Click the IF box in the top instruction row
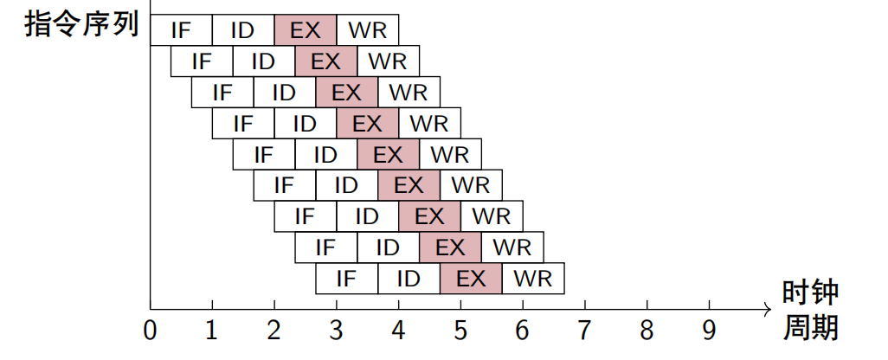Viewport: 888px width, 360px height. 181,30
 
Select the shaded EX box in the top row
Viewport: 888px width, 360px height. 306,30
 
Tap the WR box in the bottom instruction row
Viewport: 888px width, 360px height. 533,279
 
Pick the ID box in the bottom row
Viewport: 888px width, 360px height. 409,279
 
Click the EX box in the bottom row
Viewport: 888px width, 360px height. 471,279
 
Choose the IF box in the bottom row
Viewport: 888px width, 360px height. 346,279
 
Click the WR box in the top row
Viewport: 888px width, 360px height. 368,30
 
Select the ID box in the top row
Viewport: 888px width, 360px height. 243,30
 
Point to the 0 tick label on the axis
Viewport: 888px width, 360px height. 151,331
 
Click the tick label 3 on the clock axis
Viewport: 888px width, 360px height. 337,331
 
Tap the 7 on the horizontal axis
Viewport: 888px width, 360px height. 585,331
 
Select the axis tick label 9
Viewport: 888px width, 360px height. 710,331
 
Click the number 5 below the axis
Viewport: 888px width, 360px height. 460,331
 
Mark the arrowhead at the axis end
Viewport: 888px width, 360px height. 767,308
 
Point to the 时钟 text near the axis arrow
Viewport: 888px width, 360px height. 811,292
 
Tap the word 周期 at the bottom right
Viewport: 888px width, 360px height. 811,329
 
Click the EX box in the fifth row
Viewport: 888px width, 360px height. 388,155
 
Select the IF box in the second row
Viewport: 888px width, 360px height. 202,61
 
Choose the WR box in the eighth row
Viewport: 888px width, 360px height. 512,247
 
